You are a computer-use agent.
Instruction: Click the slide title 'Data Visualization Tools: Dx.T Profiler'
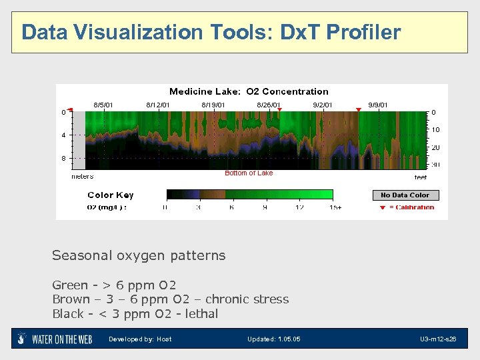coord(211,32)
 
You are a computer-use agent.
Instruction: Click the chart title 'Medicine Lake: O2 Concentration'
coord(249,91)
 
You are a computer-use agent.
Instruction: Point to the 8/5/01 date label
coord(103,105)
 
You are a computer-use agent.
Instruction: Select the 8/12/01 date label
coord(158,105)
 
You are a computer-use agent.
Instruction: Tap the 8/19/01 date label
coord(213,105)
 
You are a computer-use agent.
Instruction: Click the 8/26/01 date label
coord(268,105)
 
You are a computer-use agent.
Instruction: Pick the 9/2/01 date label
coord(325,105)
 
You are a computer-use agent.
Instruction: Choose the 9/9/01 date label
coord(378,105)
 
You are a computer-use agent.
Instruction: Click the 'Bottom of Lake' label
coord(249,173)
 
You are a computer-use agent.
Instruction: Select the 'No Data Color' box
coord(405,195)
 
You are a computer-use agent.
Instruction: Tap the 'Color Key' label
coord(111,195)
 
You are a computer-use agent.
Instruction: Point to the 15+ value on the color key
coord(335,207)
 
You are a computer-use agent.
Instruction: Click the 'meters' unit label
coord(83,177)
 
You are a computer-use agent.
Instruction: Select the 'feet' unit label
coord(421,177)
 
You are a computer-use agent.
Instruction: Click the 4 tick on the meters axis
coord(63,135)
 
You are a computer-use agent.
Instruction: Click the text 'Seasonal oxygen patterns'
coord(139,255)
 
